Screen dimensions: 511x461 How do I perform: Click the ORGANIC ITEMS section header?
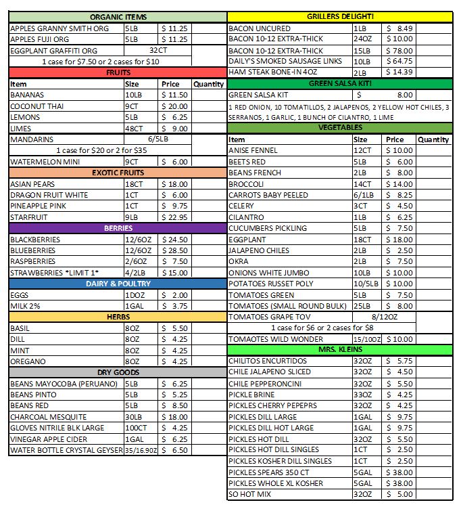[x=118, y=17]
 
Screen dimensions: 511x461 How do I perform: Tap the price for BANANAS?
[x=174, y=95]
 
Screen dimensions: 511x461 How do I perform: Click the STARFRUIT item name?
[x=29, y=217]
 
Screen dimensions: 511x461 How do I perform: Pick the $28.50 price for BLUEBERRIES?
[x=174, y=250]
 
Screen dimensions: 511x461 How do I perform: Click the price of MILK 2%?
[x=174, y=306]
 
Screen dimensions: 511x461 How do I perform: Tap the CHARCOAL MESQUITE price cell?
[x=174, y=417]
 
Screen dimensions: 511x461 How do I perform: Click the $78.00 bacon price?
[x=400, y=50]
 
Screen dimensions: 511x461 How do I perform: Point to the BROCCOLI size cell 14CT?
[x=363, y=184]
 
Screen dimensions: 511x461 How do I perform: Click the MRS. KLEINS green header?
[x=340, y=349]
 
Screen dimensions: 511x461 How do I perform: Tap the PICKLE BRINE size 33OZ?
[x=363, y=395]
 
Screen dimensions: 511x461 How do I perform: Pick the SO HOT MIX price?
[x=400, y=494]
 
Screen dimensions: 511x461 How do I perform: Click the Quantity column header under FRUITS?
[x=208, y=85]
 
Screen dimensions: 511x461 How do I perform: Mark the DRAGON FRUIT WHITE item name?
[x=49, y=195]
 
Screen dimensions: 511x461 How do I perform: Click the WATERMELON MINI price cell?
[x=174, y=162]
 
